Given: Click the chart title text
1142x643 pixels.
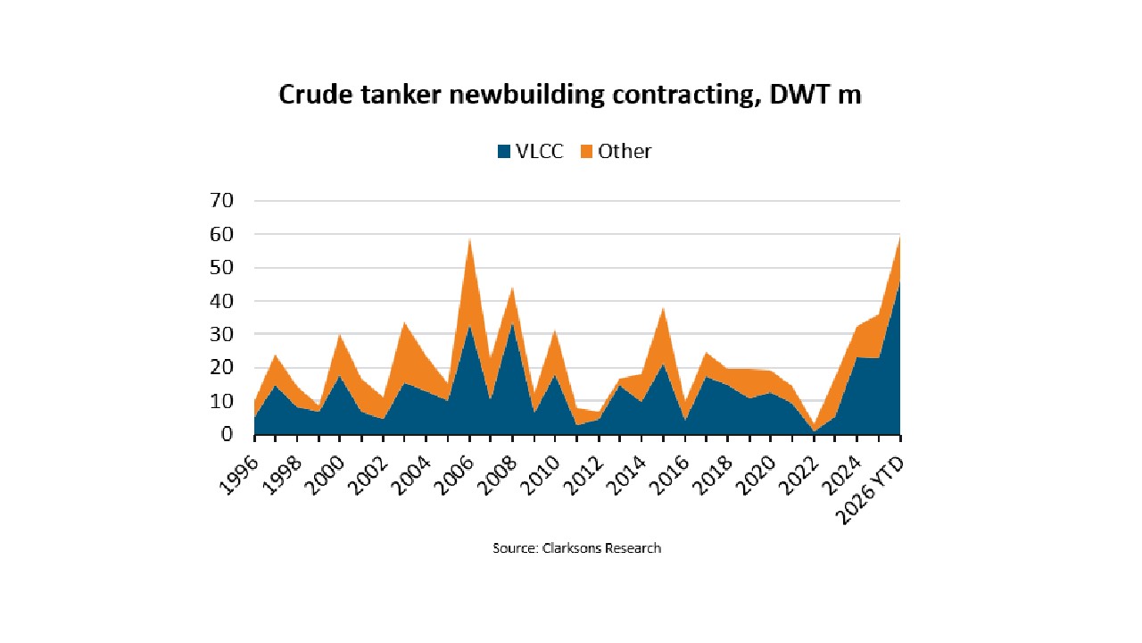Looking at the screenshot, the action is [570, 95].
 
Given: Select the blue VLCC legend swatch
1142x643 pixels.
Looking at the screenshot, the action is [504, 152].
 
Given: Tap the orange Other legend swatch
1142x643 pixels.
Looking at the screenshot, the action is [586, 152].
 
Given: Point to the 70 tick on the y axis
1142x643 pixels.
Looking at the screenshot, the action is [221, 201].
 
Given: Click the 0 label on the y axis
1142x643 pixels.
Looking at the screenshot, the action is [227, 434].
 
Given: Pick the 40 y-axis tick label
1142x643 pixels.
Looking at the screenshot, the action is [221, 301].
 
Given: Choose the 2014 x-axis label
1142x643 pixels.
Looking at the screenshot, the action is [626, 476].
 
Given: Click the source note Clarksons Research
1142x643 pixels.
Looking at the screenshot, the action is [576, 548].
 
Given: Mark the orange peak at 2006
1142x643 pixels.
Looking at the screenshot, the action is [469, 238].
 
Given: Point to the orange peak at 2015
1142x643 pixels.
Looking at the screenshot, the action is [663, 308].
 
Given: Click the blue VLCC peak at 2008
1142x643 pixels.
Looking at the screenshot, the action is [512, 323].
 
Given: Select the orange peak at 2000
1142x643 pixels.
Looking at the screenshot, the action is [340, 335].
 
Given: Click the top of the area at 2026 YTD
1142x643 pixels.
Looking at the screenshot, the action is [900, 237].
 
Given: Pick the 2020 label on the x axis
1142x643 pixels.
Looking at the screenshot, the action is [756, 476].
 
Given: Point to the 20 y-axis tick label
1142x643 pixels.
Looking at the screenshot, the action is [221, 367].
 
